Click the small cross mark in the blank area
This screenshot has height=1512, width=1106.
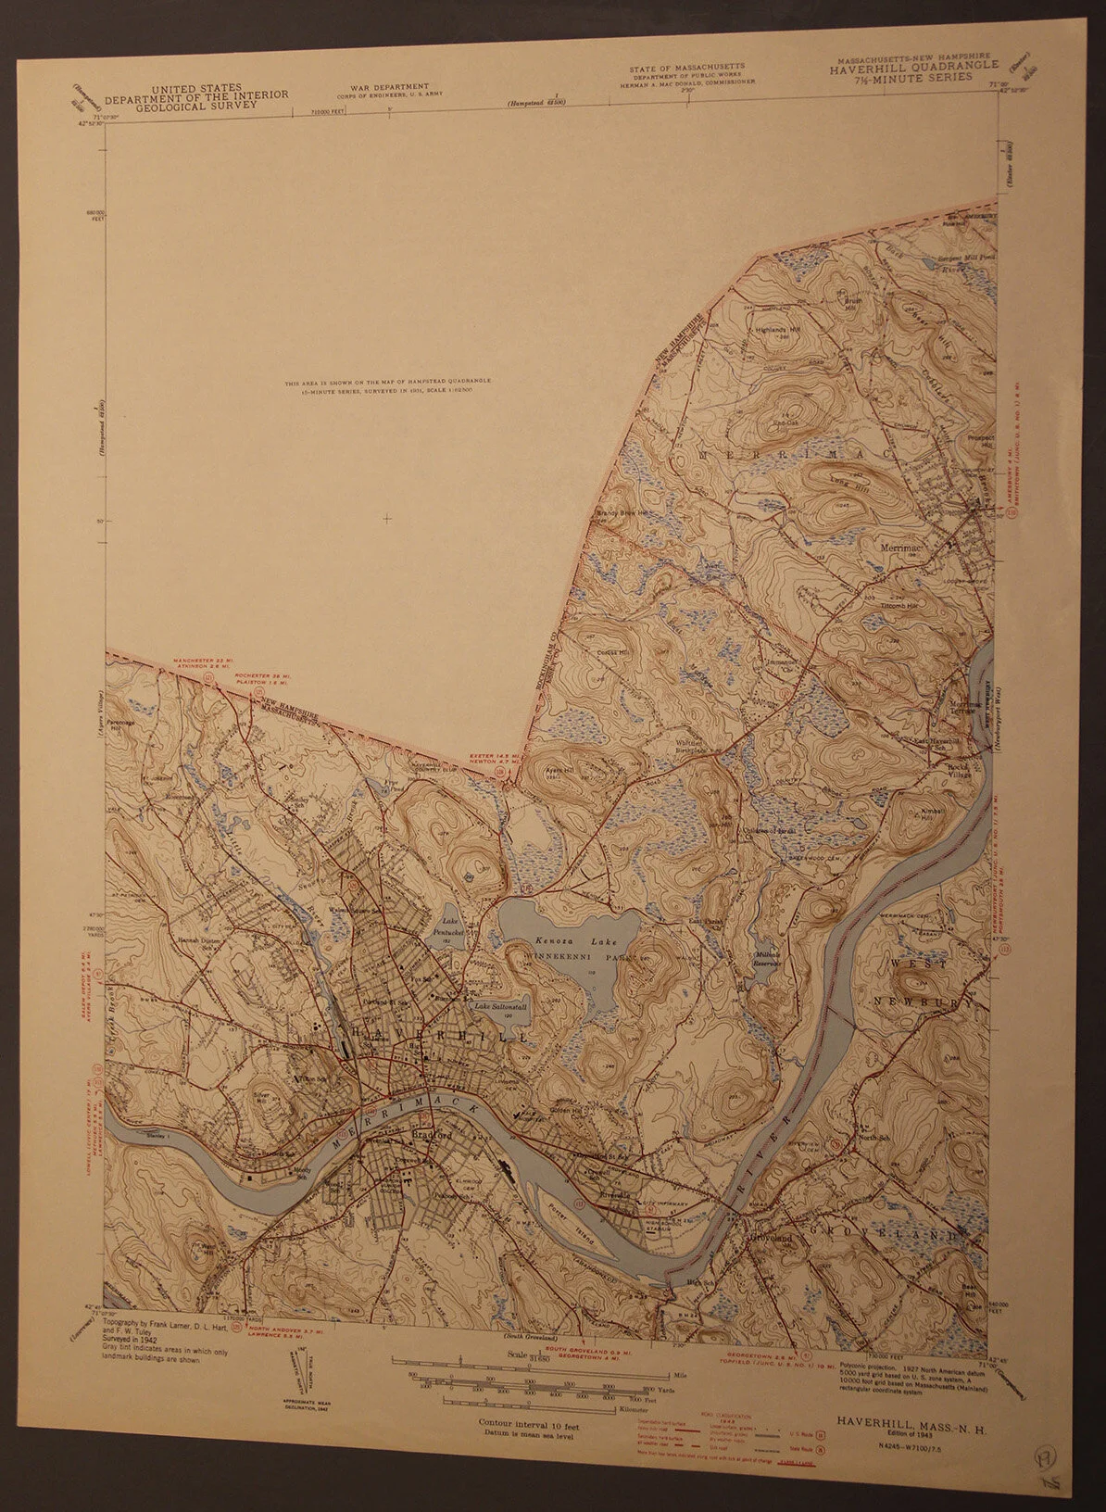[386, 517]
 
